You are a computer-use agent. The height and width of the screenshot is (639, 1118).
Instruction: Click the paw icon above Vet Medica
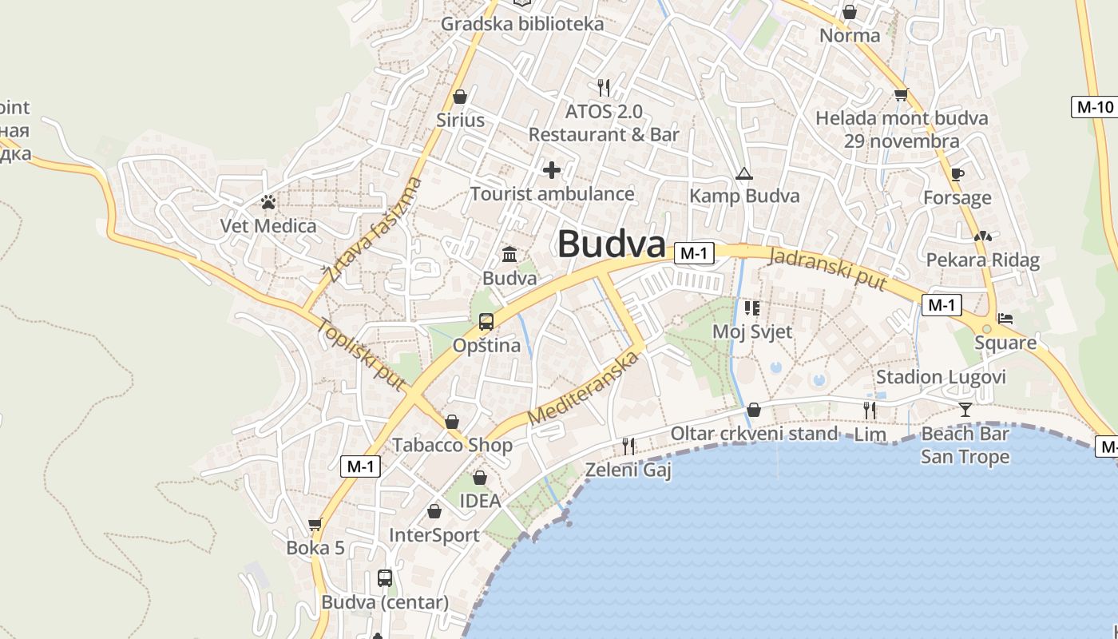[x=268, y=203]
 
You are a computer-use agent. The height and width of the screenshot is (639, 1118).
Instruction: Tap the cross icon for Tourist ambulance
[x=551, y=170]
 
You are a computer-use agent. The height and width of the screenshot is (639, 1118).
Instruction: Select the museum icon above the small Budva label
[x=509, y=255]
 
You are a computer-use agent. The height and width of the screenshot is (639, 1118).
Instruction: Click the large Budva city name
[x=611, y=244]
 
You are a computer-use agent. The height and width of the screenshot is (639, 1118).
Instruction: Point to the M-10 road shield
[x=1093, y=107]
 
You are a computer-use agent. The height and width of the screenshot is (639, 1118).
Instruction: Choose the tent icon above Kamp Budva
[x=743, y=173]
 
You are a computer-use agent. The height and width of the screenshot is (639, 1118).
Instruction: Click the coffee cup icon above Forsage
[x=957, y=174]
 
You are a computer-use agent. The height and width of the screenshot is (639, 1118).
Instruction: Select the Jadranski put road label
[x=827, y=270]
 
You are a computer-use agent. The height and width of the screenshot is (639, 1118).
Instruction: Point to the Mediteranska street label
[x=585, y=388]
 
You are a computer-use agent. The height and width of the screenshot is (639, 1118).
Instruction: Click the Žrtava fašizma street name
[x=373, y=231]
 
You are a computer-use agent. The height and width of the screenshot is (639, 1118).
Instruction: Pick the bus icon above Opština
[x=486, y=322]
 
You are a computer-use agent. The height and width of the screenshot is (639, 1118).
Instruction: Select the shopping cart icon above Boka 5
[x=315, y=525]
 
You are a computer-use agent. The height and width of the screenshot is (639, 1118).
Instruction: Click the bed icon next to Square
[x=1005, y=318]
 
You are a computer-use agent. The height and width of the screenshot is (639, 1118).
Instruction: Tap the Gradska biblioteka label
[x=522, y=24]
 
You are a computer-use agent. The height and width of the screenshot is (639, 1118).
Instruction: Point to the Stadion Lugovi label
[x=941, y=377]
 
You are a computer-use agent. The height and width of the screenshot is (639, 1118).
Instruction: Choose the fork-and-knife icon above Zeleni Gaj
[x=628, y=446]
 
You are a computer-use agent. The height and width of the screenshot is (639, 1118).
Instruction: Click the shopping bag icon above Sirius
[x=460, y=97]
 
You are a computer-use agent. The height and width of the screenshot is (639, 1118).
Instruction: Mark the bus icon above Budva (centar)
[x=384, y=577]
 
